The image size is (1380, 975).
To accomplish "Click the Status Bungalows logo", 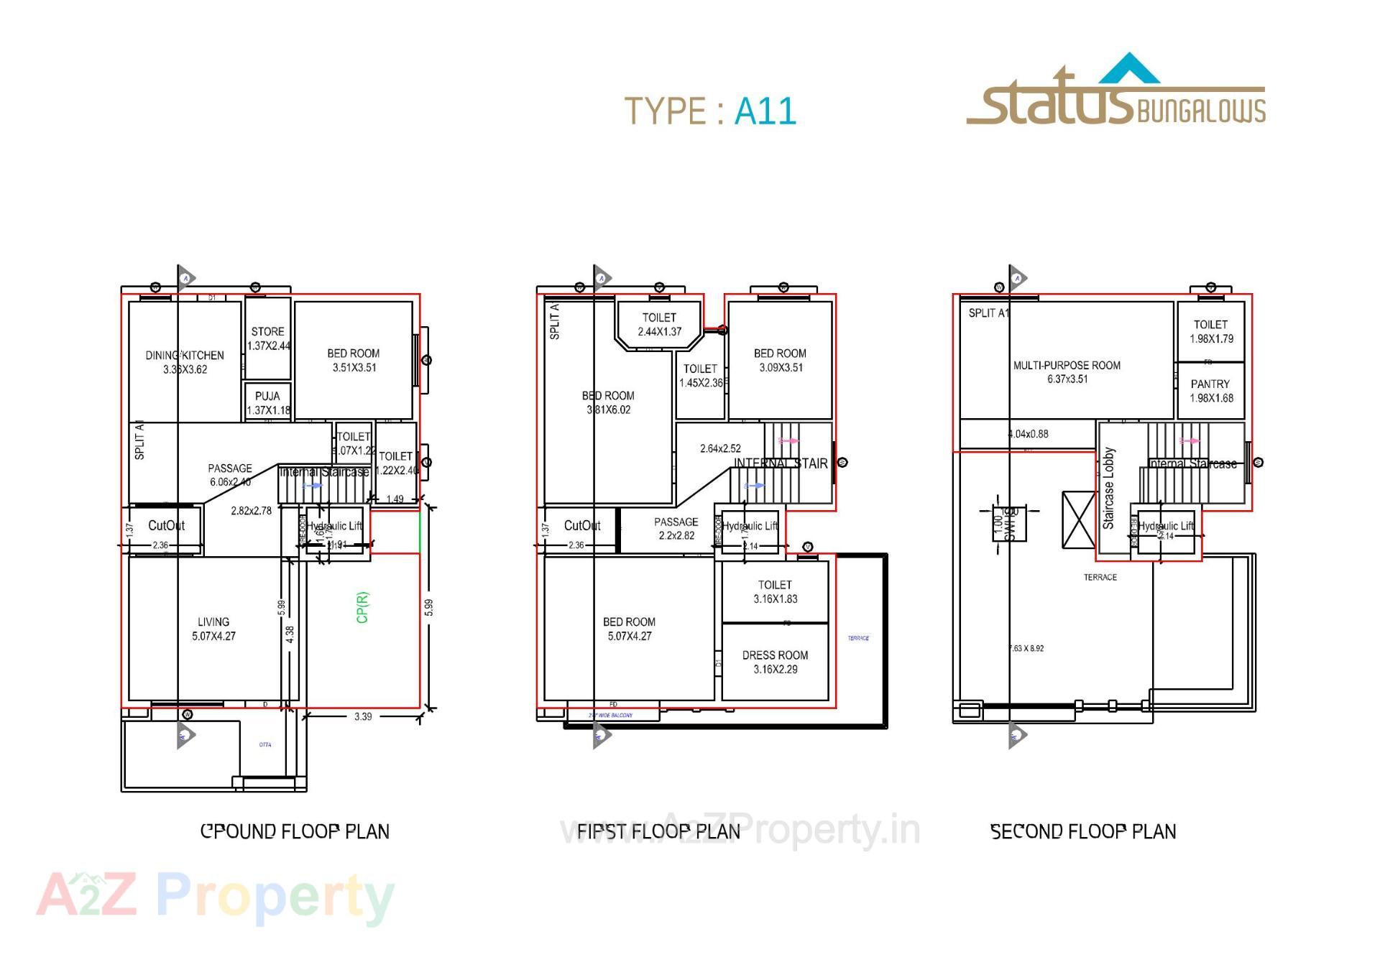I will pyautogui.click(x=1115, y=93).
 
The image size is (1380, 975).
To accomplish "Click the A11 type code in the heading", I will pyautogui.click(x=765, y=112).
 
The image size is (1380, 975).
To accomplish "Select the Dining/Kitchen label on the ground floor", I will pyautogui.click(x=185, y=362).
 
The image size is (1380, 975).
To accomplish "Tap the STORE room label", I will pyautogui.click(x=268, y=338).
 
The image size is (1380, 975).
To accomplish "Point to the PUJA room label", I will pyautogui.click(x=268, y=403).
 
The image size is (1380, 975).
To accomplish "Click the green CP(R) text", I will pyautogui.click(x=362, y=607).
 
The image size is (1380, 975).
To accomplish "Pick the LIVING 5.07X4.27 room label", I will pyautogui.click(x=213, y=629).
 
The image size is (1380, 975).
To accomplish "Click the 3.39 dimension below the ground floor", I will pyautogui.click(x=363, y=716).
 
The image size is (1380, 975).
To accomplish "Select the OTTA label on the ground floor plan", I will pyautogui.click(x=265, y=744).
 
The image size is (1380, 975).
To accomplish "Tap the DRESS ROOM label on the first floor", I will pyautogui.click(x=775, y=662).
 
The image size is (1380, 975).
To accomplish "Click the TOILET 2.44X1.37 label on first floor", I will pyautogui.click(x=659, y=324).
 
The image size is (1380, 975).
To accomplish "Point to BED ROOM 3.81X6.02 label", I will pyautogui.click(x=608, y=402).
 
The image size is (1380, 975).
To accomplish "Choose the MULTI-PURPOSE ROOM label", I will pyautogui.click(x=1067, y=371).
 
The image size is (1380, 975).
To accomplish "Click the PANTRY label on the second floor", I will pyautogui.click(x=1210, y=391).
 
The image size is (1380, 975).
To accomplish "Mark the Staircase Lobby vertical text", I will pyautogui.click(x=1108, y=488).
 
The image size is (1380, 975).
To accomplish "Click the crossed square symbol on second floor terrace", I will pyautogui.click(x=1078, y=519).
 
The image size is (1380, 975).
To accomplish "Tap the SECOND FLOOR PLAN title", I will pyautogui.click(x=1083, y=831).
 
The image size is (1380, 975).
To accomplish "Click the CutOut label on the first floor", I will pyautogui.click(x=582, y=525).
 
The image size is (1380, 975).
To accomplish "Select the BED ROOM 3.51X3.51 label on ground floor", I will pyautogui.click(x=354, y=360).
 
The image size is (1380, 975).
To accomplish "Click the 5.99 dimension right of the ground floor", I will pyautogui.click(x=429, y=607).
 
